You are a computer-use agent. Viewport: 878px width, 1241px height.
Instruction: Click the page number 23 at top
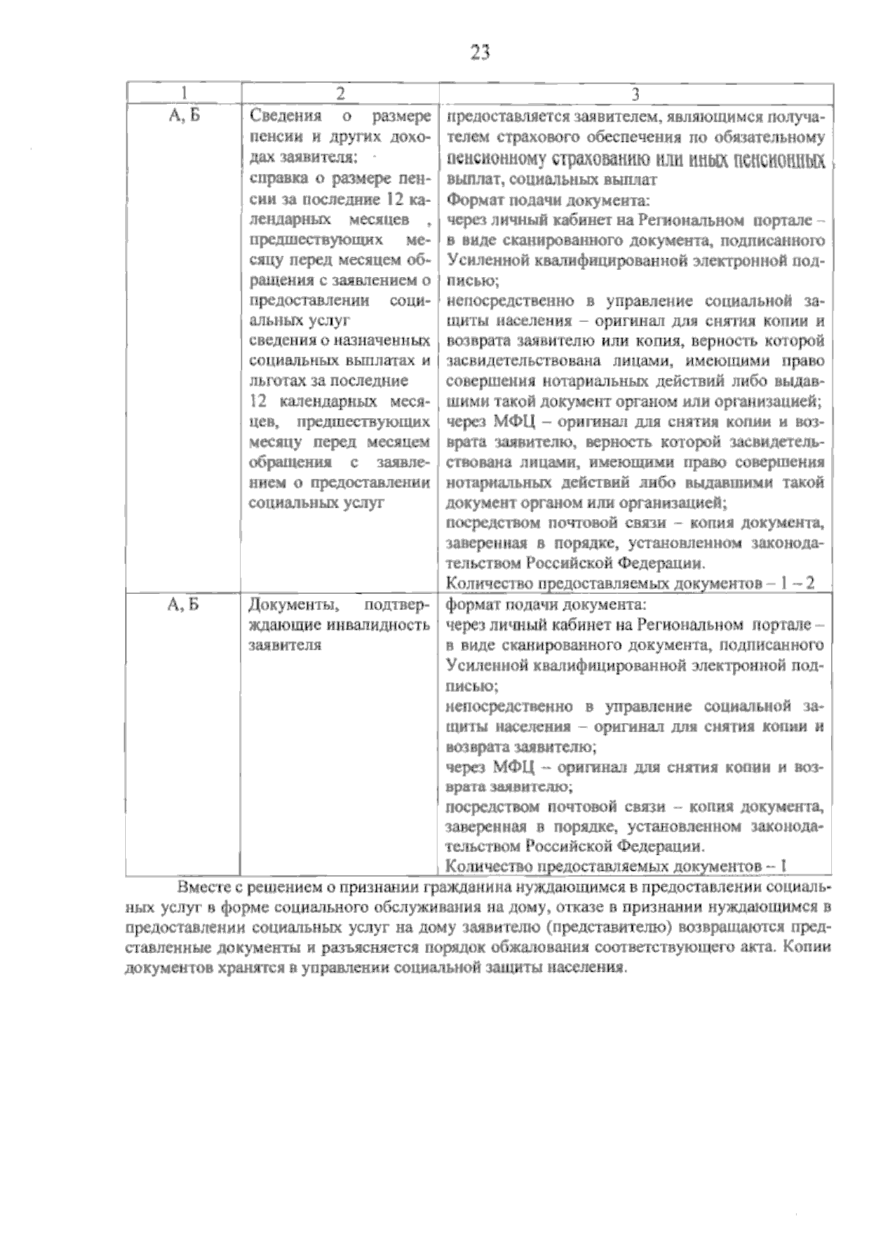coord(480,53)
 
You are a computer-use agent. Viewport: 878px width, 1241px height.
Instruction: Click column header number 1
coord(184,94)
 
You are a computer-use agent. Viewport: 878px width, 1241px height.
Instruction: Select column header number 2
coord(340,94)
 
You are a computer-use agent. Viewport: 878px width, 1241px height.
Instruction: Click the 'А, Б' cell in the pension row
coord(184,116)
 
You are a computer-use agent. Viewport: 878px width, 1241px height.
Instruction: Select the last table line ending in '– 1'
coord(616,867)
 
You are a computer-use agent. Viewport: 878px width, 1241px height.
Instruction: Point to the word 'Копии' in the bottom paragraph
coord(809,948)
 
